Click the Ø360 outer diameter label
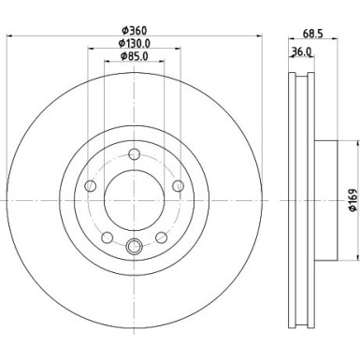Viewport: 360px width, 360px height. tap(135, 31)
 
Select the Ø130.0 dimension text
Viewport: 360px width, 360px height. tap(135, 44)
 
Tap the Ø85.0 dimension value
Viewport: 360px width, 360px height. tap(135, 57)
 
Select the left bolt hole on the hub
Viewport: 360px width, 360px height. tap(90, 187)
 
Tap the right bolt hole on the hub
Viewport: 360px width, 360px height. tap(178, 187)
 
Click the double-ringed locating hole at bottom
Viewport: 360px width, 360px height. tap(134, 247)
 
